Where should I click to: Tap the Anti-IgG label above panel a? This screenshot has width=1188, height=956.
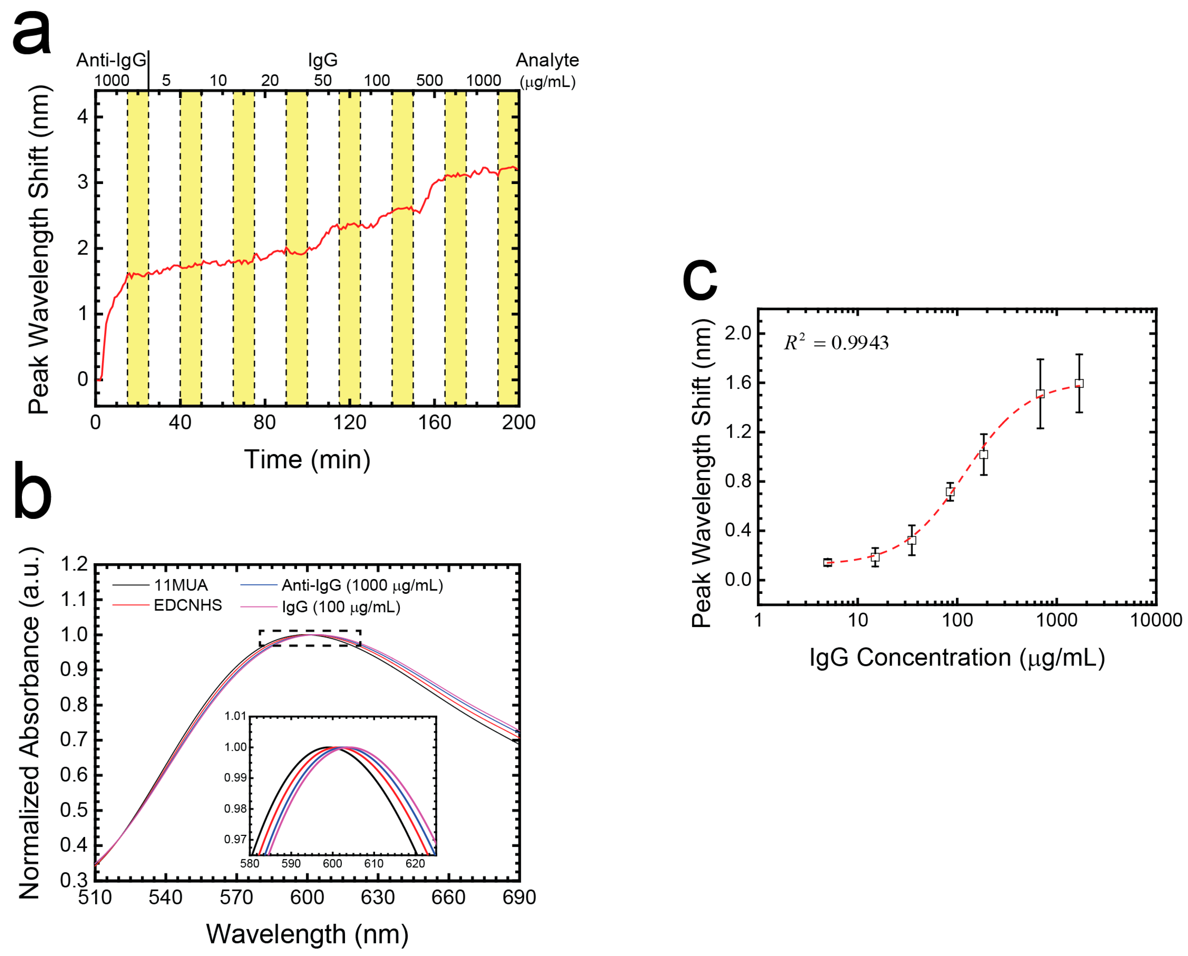pos(111,60)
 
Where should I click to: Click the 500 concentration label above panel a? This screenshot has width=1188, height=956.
pos(429,81)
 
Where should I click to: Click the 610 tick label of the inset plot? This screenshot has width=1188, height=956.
pos(374,863)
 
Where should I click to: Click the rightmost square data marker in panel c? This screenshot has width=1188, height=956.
pos(1079,384)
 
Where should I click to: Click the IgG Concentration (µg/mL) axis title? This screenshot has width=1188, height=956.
pos(957,658)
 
